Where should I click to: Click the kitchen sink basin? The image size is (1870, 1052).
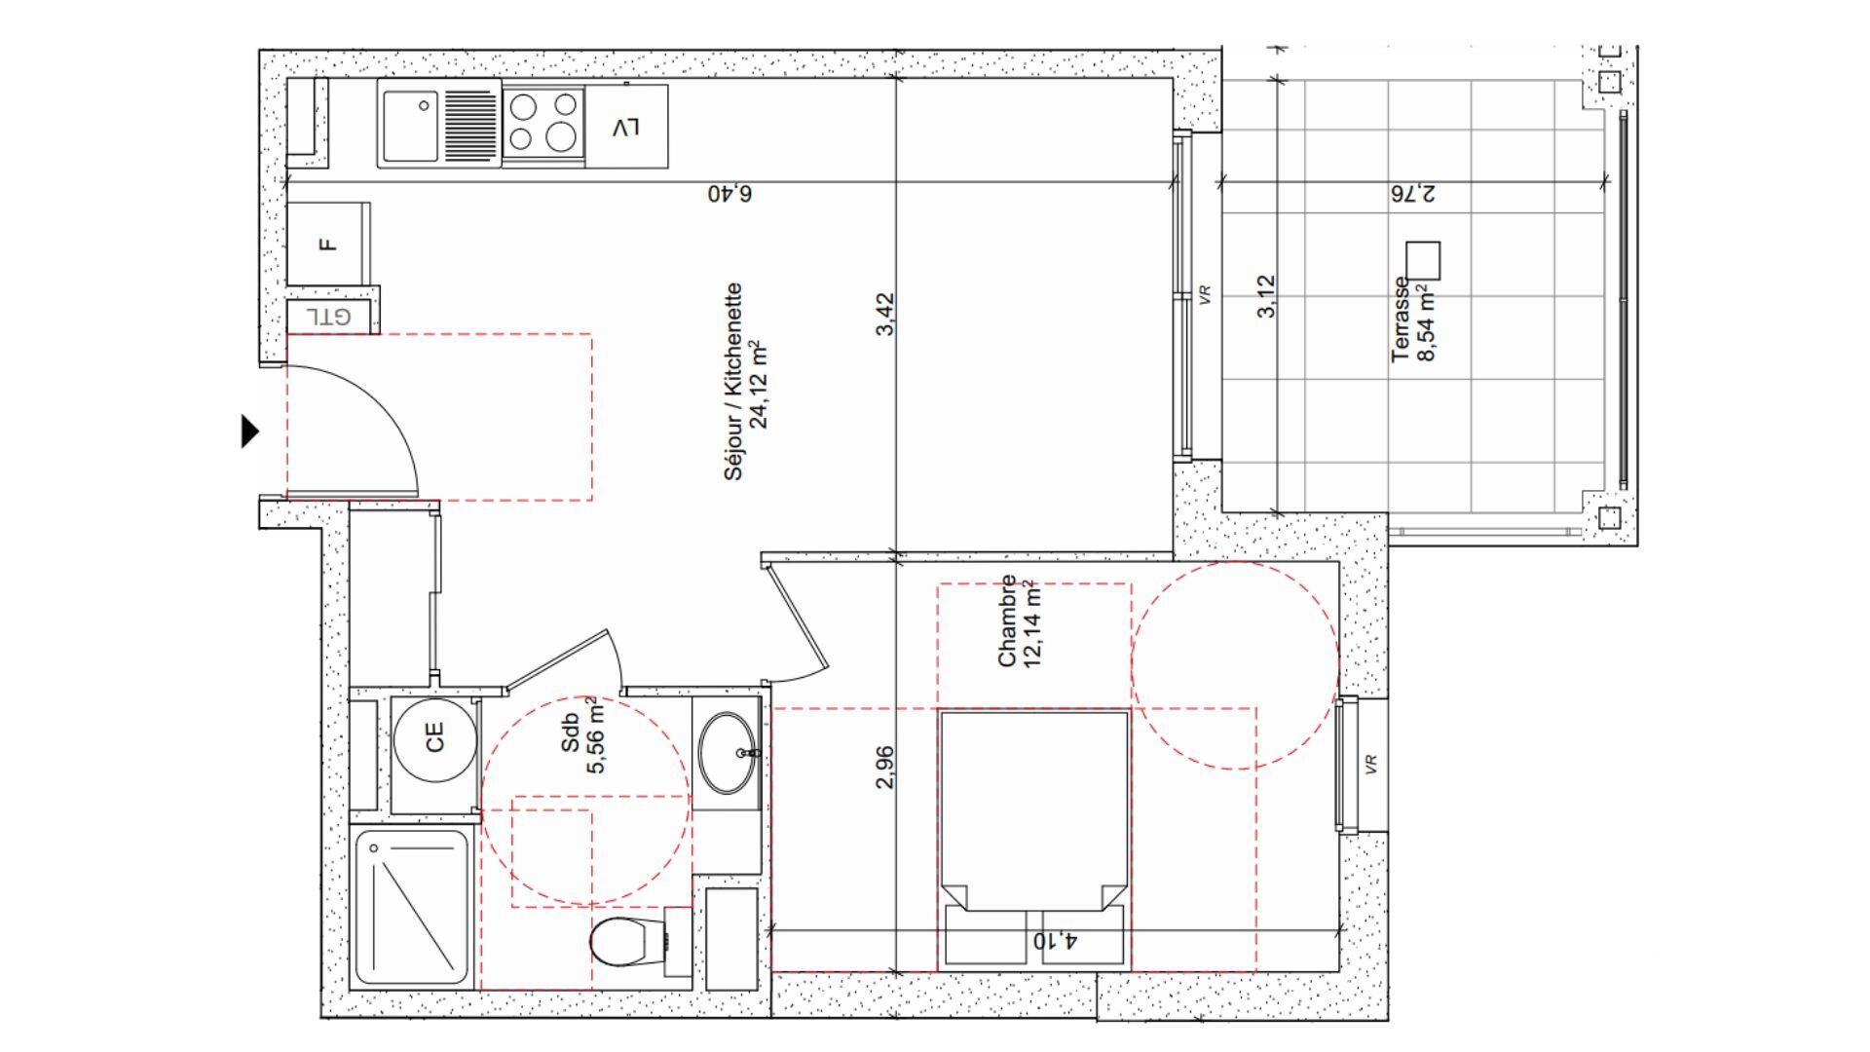[x=410, y=126]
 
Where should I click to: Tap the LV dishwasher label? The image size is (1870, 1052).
[x=626, y=127]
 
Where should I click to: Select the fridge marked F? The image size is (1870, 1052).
[x=328, y=244]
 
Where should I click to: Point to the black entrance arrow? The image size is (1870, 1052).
[x=250, y=431]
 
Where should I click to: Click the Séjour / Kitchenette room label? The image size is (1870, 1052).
[x=746, y=382]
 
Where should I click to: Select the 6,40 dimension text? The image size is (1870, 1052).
[x=729, y=193]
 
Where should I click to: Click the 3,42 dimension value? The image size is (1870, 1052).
[x=884, y=315]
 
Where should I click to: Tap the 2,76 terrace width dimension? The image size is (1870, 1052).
[x=1412, y=193]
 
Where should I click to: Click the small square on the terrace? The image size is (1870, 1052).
[x=1423, y=259]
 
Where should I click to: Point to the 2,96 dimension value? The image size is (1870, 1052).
[x=884, y=767]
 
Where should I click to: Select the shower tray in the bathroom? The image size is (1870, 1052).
[x=411, y=907]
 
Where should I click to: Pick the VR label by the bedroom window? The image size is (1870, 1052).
[x=1371, y=763]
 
